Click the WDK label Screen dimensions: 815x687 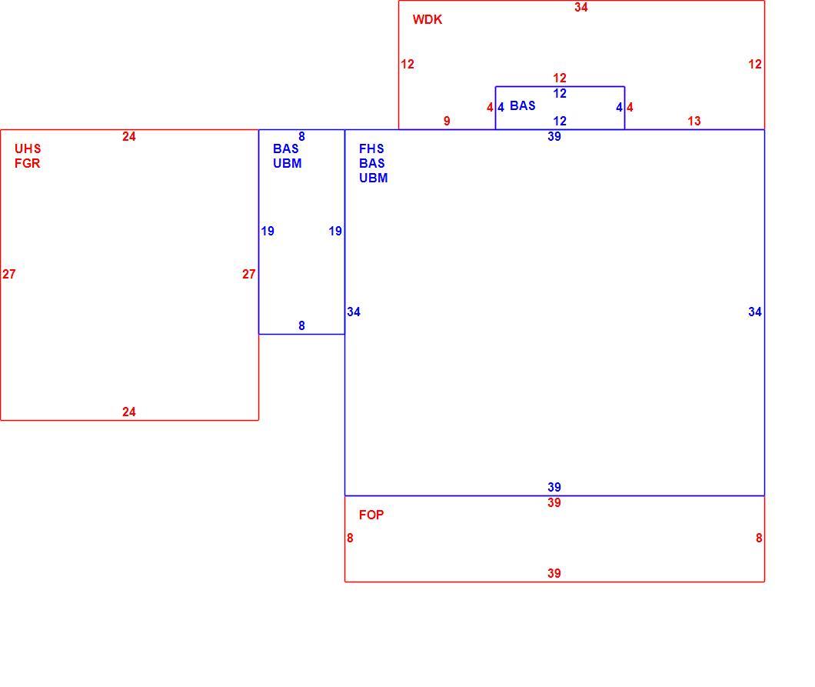tap(427, 20)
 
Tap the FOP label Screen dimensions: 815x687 tap(371, 515)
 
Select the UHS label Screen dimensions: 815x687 tap(28, 148)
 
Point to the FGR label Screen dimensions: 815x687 tap(27, 163)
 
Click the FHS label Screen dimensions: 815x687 tap(371, 148)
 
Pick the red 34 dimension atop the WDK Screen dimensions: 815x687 tap(581, 7)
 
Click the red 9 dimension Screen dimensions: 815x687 tap(447, 122)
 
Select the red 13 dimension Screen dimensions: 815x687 tap(694, 122)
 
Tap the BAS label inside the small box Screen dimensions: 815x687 tap(522, 106)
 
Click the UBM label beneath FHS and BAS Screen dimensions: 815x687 tap(373, 178)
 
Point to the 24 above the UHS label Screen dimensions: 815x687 tap(129, 137)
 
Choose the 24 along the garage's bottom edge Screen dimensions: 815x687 tap(129, 412)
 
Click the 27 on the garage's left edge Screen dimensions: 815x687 tap(8, 274)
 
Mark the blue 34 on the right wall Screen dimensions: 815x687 tap(755, 312)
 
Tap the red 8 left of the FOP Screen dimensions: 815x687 tap(350, 539)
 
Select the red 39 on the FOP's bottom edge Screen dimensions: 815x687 tap(554, 574)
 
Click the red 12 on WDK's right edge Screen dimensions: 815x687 tap(755, 65)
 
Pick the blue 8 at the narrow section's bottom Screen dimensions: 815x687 tap(301, 326)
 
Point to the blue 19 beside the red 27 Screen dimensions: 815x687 tap(267, 232)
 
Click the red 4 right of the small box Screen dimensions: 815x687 tap(630, 108)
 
